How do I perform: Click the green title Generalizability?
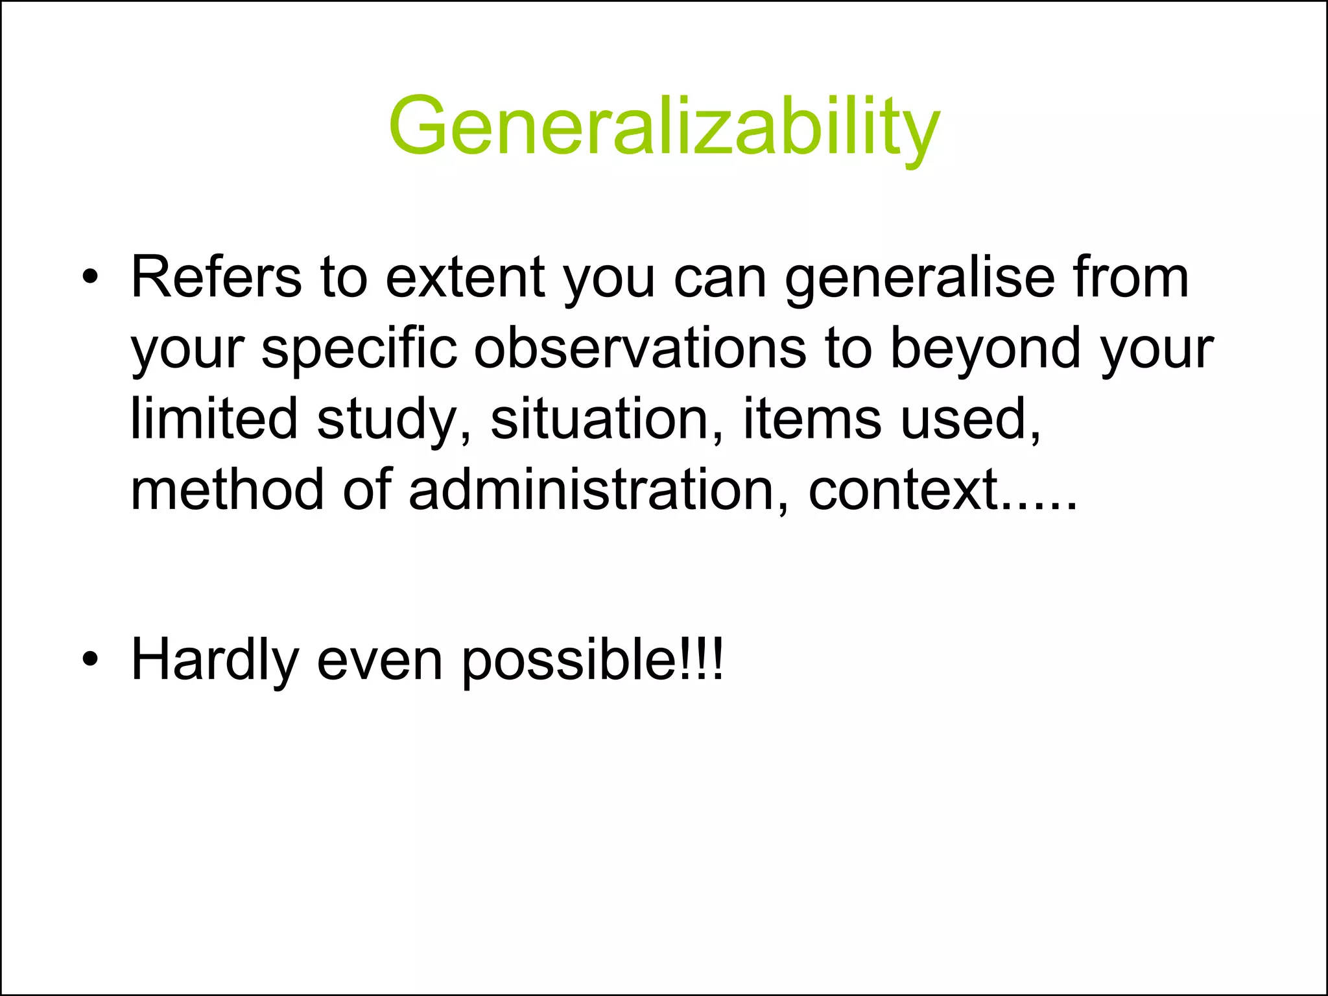664,126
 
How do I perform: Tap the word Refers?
217,278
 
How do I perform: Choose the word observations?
640,349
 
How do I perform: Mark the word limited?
214,419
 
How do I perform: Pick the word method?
227,490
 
